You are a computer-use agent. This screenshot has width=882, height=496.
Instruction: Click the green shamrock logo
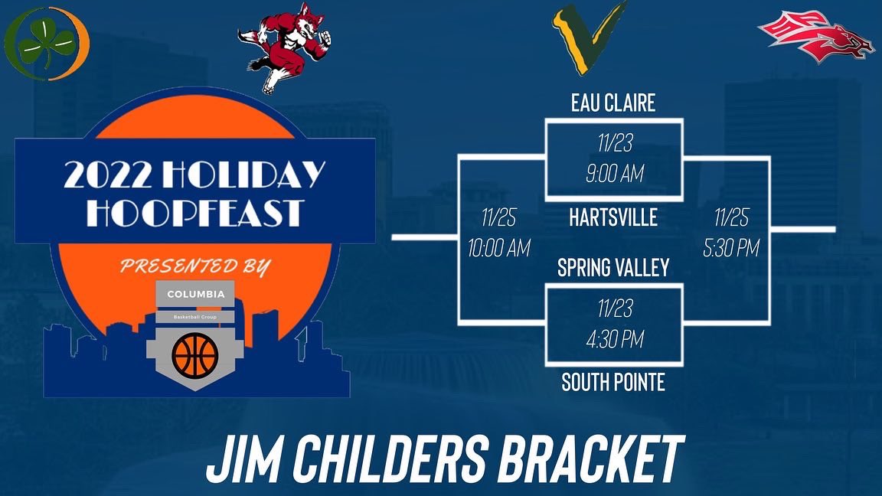[x=46, y=43]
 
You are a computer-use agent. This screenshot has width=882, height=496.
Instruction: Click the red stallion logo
[x=815, y=34]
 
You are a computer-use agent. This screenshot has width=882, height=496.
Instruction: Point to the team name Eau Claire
[x=613, y=103]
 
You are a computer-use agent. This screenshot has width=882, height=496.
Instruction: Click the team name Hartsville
[x=613, y=218]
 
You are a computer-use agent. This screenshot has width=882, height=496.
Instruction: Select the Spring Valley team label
[x=613, y=267]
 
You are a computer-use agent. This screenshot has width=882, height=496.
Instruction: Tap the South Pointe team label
[x=613, y=381]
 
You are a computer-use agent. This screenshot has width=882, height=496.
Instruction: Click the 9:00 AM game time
[x=613, y=175]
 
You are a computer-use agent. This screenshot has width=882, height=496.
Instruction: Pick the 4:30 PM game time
[x=613, y=339]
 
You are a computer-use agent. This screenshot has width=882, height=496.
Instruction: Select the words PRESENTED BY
[x=194, y=266]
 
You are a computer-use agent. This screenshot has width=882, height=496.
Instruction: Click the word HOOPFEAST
[x=194, y=212]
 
